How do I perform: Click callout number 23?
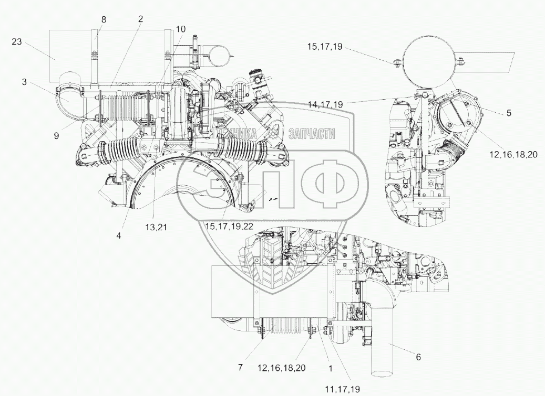17,42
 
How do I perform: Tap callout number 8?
104,19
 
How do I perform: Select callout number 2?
140,18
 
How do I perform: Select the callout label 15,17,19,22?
230,226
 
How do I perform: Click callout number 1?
331,368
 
